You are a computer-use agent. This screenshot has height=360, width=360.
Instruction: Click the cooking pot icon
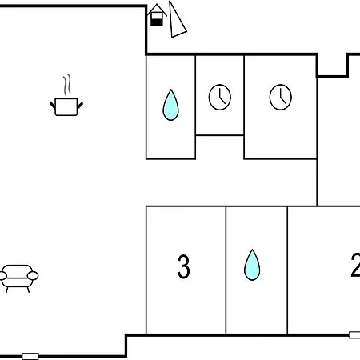coord(66,106)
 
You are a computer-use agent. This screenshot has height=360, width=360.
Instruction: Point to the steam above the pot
coord(67,85)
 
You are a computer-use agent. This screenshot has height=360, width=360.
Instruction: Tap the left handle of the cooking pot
coord(53,105)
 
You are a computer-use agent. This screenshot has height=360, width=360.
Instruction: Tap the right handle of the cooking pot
coord(80,105)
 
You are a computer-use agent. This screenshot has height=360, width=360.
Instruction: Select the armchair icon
coord(18,278)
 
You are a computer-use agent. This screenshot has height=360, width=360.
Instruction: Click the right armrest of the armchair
coord(33,275)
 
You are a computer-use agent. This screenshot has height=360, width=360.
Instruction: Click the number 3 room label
coord(183,266)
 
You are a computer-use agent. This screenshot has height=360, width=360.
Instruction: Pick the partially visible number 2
coord(355,265)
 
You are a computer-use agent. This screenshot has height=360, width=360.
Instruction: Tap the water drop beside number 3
coord(252,265)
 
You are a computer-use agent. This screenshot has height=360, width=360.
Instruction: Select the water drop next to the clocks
coord(170,105)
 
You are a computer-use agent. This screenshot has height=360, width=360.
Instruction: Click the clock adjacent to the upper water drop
coord(220,97)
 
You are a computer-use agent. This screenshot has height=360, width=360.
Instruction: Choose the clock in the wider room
coord(281,97)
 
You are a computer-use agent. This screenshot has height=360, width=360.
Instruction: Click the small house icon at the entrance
coord(157,15)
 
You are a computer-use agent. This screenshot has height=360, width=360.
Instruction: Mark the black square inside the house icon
coord(157,22)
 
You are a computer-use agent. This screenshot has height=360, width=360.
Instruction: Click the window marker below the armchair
coord(30,356)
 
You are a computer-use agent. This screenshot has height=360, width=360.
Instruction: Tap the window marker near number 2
coord(354,335)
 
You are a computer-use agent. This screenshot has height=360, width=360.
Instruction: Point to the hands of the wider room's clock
coord(282,97)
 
